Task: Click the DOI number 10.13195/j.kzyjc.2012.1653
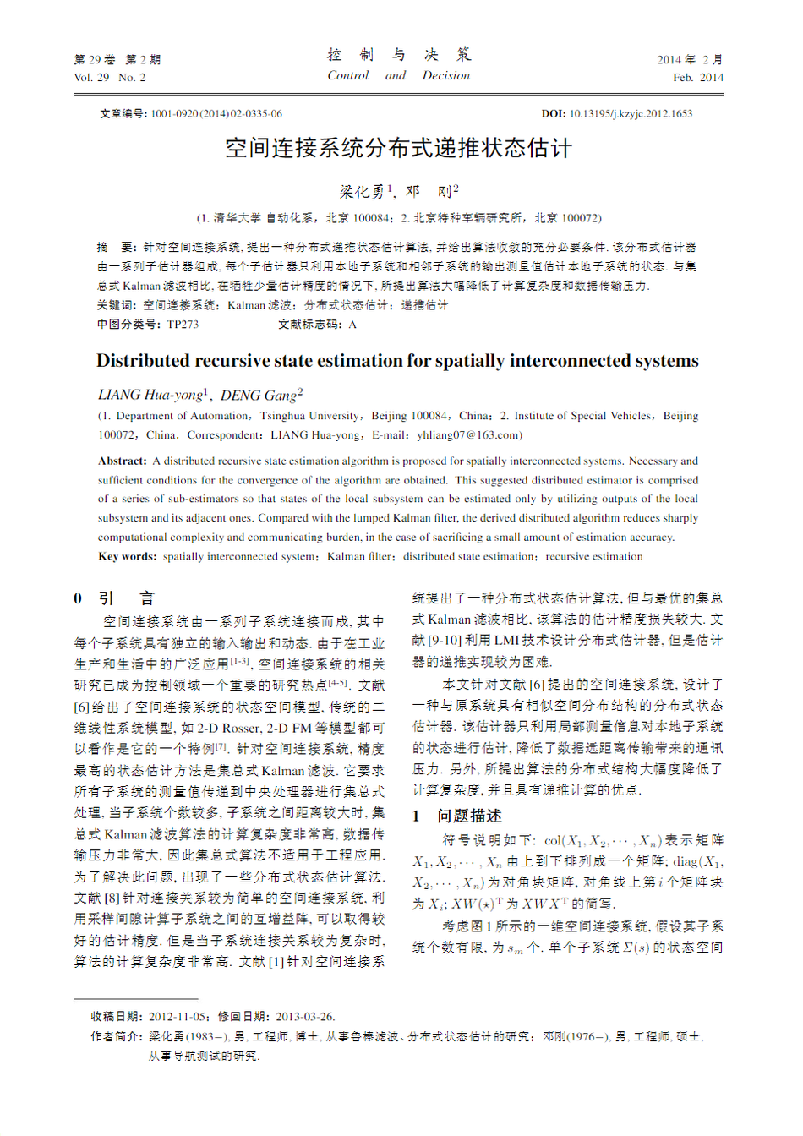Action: point(631,113)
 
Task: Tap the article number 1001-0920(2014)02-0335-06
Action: point(216,113)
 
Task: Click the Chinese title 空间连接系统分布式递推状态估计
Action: point(399,149)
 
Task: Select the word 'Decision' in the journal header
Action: point(446,76)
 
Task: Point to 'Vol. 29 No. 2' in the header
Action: point(110,78)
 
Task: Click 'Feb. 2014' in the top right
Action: point(698,78)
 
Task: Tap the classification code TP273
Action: point(183,325)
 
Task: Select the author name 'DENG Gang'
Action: point(259,396)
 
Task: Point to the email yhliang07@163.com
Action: point(467,435)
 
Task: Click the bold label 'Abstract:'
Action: point(123,461)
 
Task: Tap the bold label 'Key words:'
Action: point(128,557)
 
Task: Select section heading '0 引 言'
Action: point(114,598)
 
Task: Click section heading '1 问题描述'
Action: point(457,816)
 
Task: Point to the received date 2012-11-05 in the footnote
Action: point(178,1017)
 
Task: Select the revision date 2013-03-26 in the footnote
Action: point(305,1017)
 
